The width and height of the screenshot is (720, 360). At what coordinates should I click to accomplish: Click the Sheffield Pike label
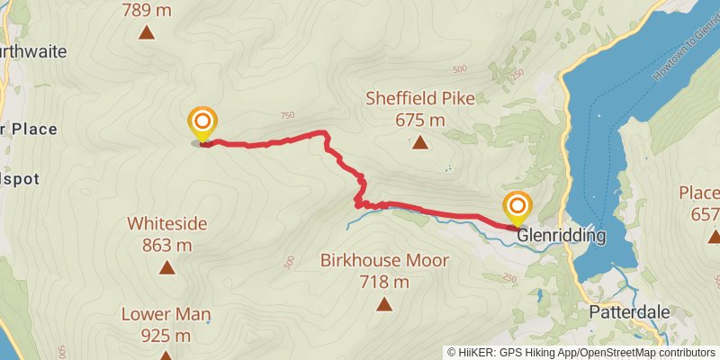tap(420, 99)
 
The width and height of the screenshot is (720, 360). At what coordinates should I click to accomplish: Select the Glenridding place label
tap(562, 236)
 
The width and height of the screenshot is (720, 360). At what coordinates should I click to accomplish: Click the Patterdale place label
tap(629, 311)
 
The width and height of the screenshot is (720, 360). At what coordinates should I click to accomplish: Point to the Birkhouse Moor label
tap(384, 261)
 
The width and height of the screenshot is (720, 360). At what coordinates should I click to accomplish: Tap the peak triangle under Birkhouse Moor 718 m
tap(384, 304)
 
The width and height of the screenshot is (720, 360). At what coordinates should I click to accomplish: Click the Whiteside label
tap(167, 223)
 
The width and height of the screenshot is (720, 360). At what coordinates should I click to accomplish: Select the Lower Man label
tap(168, 315)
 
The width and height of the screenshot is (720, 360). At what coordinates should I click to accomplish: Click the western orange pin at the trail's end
tap(202, 124)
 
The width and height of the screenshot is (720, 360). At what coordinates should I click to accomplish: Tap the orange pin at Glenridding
tap(517, 208)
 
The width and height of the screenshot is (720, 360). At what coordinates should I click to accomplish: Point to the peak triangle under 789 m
tap(146, 34)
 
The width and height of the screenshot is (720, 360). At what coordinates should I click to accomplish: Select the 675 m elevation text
tap(420, 120)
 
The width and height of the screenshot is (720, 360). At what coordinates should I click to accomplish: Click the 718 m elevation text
tap(384, 282)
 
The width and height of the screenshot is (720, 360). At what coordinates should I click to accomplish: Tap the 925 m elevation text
tap(166, 336)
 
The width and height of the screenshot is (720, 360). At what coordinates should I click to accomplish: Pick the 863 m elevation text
tap(166, 245)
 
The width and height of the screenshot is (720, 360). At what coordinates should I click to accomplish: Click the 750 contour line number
tap(287, 115)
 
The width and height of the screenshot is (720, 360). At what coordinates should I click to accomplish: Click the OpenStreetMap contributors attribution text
tap(647, 352)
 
